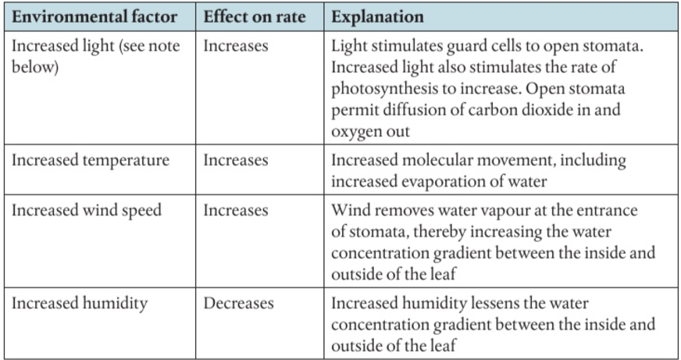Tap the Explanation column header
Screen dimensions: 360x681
click(378, 16)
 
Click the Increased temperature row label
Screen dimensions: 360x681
click(91, 161)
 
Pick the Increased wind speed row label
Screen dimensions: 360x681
click(86, 211)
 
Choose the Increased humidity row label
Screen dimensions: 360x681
click(79, 304)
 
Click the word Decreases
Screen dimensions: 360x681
click(238, 304)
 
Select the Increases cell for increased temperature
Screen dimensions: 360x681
click(236, 161)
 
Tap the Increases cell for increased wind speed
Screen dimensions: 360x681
click(236, 211)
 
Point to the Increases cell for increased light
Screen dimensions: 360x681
click(236, 46)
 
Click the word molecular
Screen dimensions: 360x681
click(439, 161)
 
